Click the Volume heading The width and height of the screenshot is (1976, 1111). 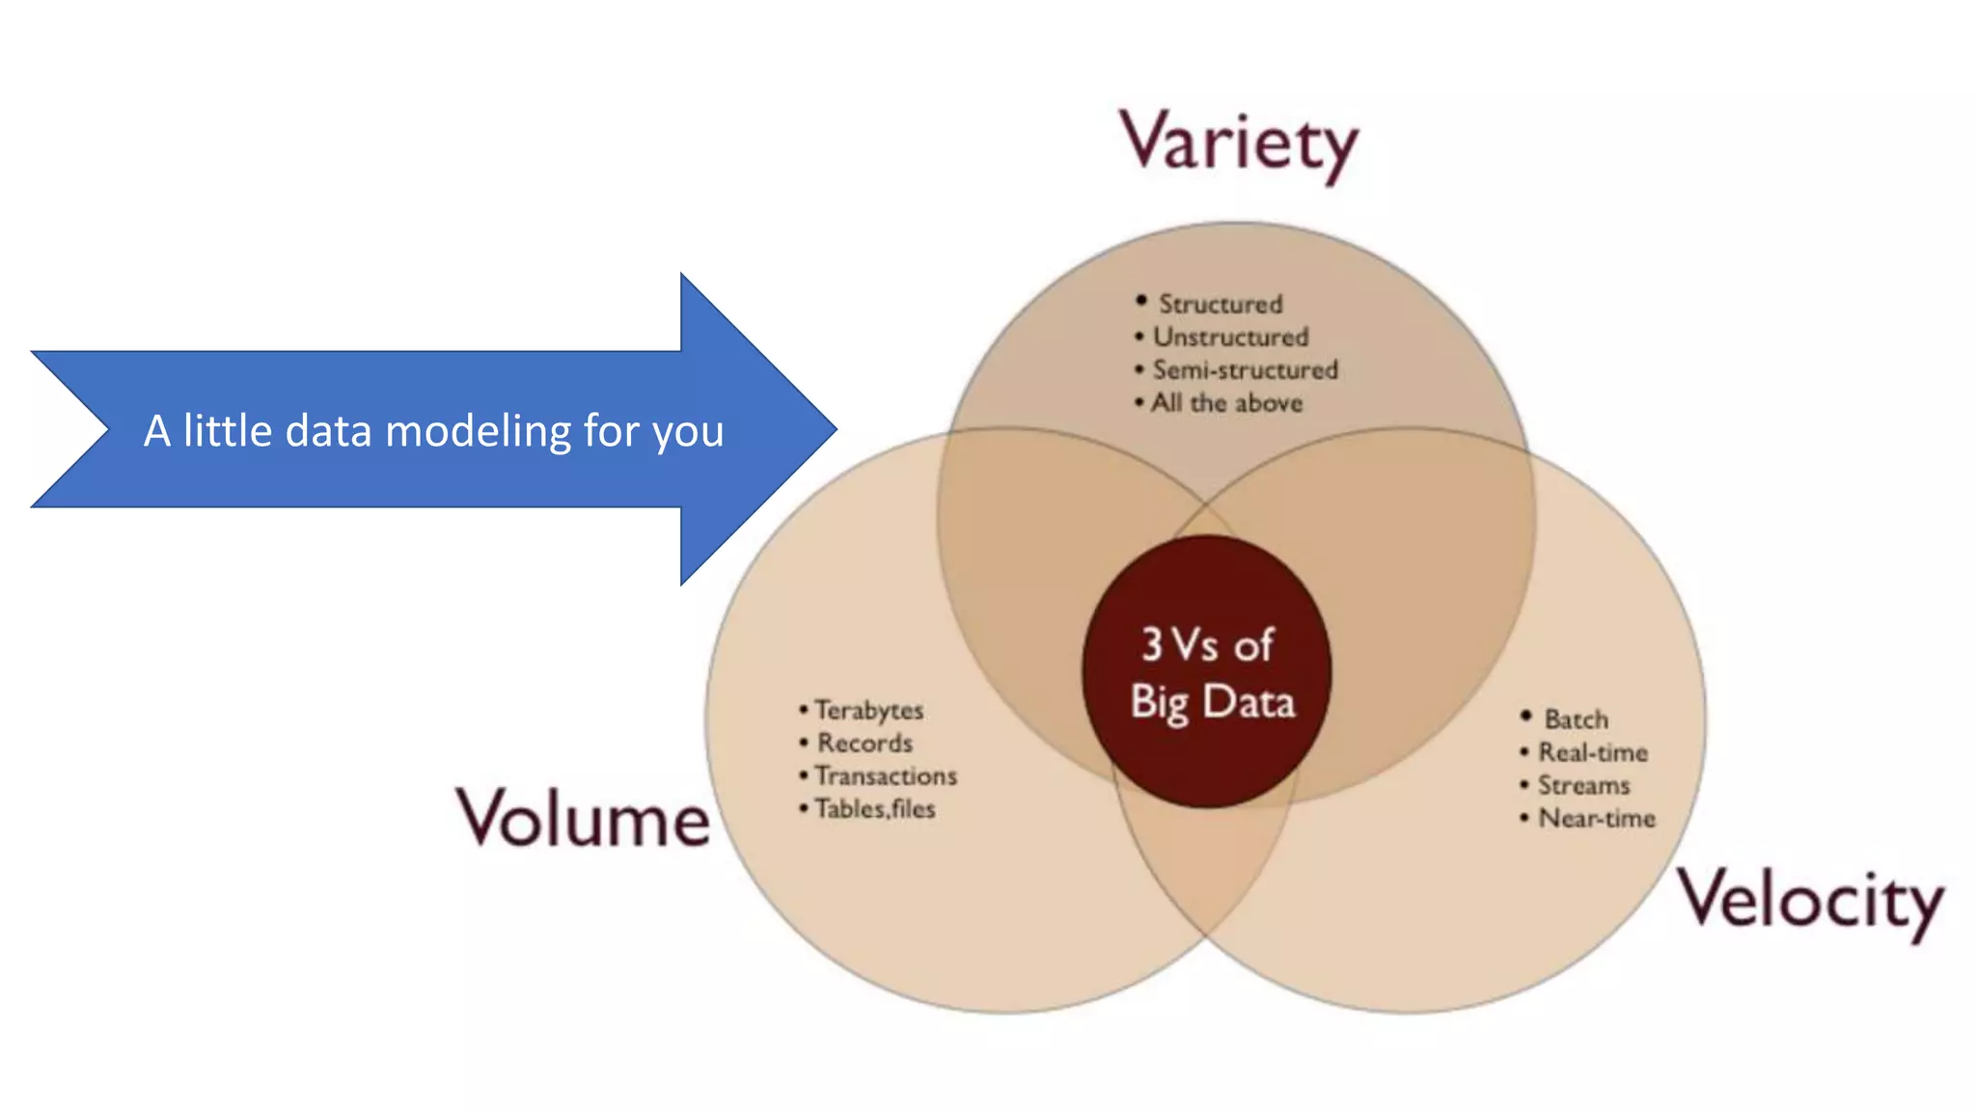(583, 819)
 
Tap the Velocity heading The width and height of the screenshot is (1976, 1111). (1810, 900)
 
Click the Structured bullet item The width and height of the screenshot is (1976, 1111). (1220, 304)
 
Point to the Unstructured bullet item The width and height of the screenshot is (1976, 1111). (1230, 337)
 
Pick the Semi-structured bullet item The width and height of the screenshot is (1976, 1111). (1245, 369)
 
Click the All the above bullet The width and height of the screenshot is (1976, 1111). (1225, 402)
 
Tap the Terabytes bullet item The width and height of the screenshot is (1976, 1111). (868, 710)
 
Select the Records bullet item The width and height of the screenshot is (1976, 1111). (864, 743)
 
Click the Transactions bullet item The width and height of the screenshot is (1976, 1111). (885, 775)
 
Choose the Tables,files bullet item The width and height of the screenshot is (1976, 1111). (874, 808)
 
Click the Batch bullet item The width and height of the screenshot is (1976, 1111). (1576, 719)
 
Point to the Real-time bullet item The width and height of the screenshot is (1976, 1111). (1592, 752)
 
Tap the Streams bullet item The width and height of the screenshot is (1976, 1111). (1583, 785)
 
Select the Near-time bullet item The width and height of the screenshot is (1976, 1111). (1596, 818)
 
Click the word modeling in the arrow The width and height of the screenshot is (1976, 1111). (478, 431)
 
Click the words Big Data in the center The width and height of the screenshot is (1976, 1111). (1212, 702)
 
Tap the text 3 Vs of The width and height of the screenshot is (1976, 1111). (1207, 644)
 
